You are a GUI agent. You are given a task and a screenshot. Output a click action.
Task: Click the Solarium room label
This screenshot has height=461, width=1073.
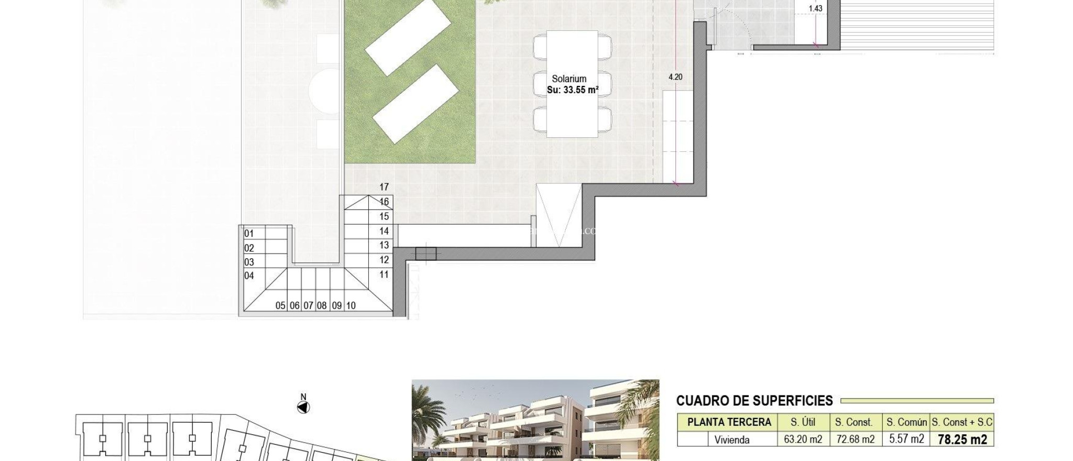[x=569, y=79]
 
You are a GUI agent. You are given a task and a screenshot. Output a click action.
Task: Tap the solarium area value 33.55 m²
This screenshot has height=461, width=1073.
[x=572, y=90]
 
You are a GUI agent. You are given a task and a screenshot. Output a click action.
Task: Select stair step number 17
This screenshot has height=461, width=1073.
[x=384, y=187]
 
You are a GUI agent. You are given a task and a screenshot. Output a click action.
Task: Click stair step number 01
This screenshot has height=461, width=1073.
[x=249, y=234]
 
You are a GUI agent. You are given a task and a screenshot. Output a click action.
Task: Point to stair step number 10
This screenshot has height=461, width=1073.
[x=351, y=305]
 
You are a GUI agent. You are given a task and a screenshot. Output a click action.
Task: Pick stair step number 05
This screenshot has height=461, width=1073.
[x=280, y=305]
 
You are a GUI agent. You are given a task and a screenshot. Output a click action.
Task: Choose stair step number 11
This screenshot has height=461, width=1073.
[x=384, y=275]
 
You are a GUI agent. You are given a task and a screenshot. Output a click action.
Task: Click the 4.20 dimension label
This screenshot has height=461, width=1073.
[x=675, y=77]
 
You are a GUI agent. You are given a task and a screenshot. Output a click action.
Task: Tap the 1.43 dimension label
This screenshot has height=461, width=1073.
[x=815, y=8]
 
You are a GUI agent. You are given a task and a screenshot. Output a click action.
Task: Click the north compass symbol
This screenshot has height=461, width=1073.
[x=303, y=407]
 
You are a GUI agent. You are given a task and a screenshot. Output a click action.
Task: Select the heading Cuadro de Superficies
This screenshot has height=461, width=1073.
[x=754, y=401]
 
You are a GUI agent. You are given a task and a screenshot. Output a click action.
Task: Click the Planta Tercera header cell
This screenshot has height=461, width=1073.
[x=729, y=422]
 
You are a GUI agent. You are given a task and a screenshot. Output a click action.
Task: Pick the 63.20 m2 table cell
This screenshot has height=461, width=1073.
[x=803, y=440]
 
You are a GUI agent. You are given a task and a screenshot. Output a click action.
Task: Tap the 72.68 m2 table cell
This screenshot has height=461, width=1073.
[x=855, y=440]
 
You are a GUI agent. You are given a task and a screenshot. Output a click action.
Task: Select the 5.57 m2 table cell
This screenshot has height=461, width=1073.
[x=906, y=439]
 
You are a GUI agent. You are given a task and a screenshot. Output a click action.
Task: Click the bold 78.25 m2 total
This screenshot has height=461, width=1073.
[x=962, y=440]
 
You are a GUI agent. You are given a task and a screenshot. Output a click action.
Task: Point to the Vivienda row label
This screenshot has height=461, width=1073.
[x=731, y=440]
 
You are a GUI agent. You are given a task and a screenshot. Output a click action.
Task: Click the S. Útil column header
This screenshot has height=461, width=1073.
[x=803, y=422]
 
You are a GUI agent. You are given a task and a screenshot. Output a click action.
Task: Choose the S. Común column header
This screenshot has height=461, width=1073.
[x=906, y=422]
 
